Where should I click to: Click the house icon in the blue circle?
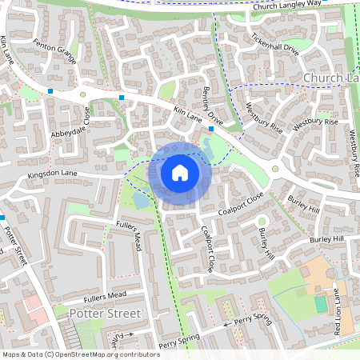coord(180,172)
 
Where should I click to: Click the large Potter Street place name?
coord(105,313)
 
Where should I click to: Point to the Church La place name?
coord(331,78)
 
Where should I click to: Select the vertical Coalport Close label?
coord(207,247)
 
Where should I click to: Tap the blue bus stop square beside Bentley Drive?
coord(211,128)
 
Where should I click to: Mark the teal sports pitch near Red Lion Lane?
coord(321,304)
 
